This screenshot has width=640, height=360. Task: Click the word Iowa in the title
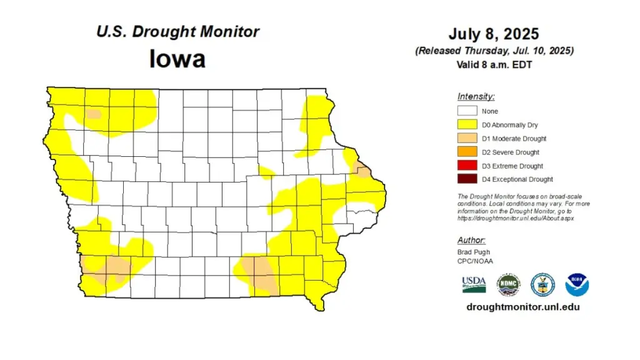[177, 59]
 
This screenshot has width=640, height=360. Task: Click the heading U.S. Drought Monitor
[177, 32]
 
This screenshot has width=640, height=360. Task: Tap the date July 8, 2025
[494, 34]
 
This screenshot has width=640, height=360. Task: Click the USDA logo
[474, 284]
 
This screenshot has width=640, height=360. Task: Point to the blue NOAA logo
[577, 284]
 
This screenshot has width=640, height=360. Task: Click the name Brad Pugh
[474, 252]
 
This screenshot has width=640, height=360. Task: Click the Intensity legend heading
[476, 96]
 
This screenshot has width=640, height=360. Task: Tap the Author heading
[471, 240]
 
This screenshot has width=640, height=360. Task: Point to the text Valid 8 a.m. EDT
[494, 64]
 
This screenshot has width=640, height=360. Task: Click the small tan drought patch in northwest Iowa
[93, 114]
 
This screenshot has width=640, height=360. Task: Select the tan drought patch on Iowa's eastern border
[362, 169]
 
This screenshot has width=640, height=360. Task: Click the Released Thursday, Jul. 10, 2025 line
[494, 51]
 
